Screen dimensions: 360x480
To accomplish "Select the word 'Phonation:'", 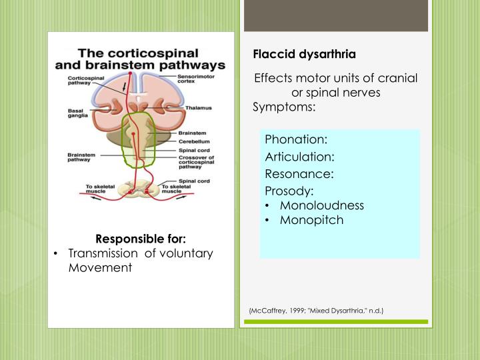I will [296, 140].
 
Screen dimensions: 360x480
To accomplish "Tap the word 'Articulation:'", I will [299, 157].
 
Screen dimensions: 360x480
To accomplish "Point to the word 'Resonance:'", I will [299, 174].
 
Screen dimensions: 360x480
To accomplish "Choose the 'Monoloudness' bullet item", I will [321, 205].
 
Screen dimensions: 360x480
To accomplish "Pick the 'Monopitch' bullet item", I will [311, 220].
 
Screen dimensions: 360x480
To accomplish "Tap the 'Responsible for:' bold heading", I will [141, 239].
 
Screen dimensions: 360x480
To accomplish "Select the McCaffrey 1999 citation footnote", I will [316, 311].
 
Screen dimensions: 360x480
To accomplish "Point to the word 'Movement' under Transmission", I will [101, 267].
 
